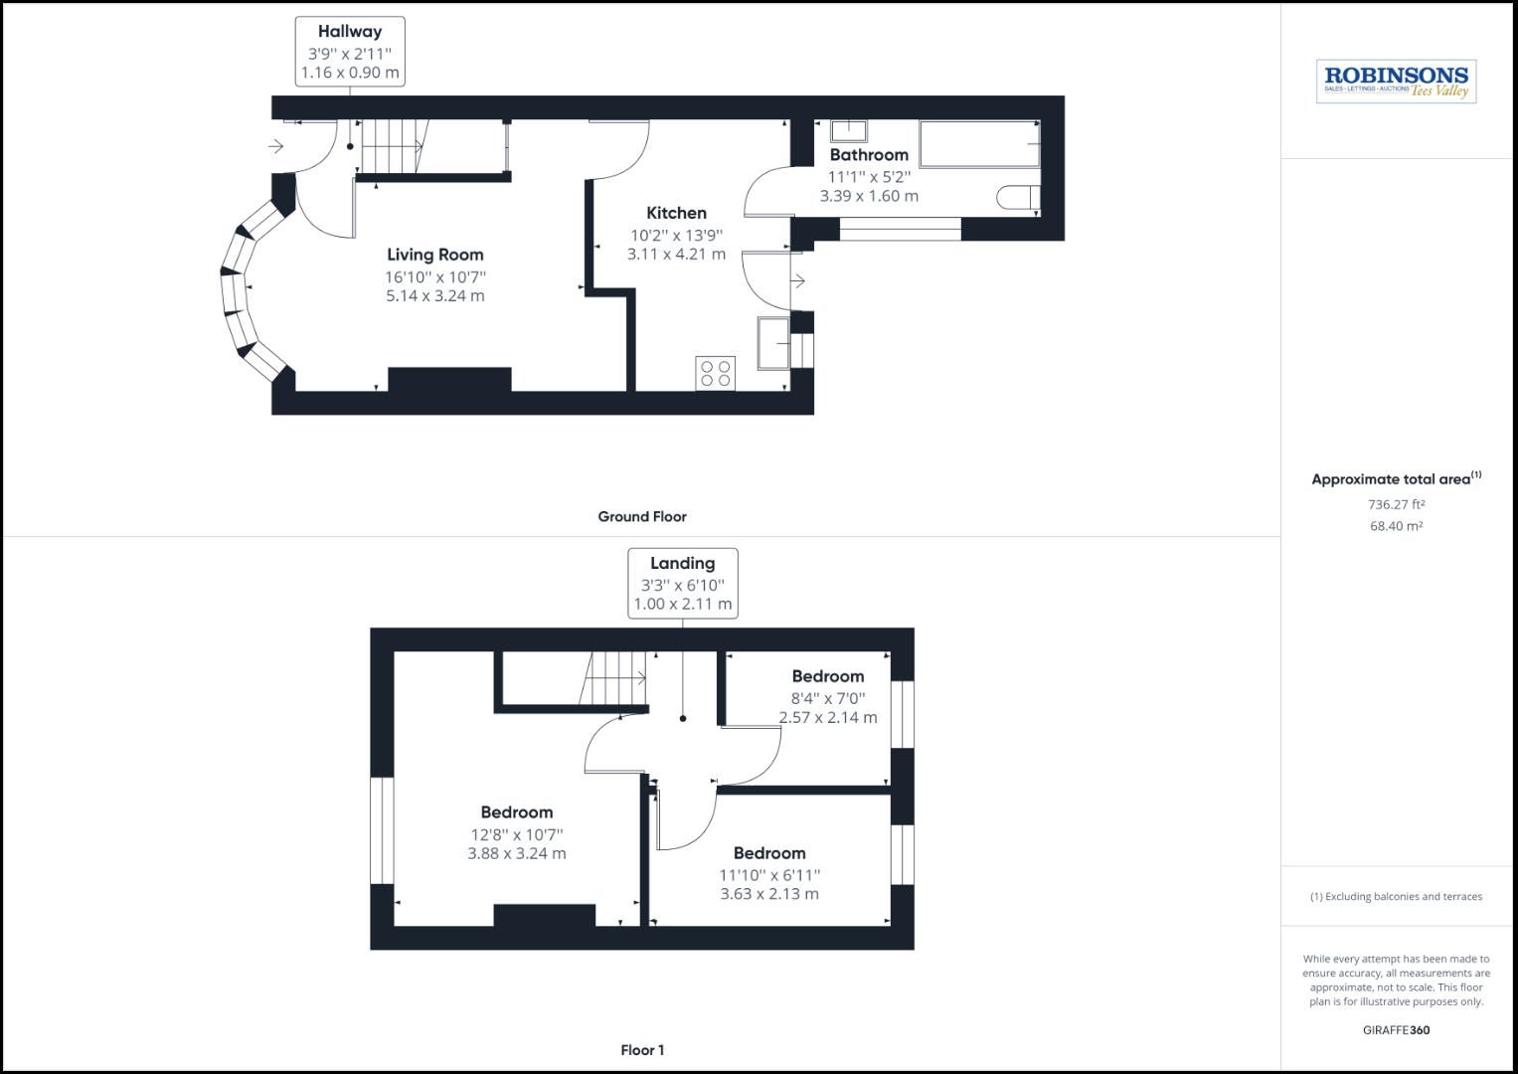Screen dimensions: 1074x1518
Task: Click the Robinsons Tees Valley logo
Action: pos(1396,82)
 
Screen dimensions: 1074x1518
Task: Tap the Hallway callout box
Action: pos(350,52)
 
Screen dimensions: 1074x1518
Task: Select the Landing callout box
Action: pos(683,583)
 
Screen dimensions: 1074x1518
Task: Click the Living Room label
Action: pos(435,255)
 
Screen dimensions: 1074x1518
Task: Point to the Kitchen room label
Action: pos(676,213)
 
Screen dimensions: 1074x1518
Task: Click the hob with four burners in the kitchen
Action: pos(716,373)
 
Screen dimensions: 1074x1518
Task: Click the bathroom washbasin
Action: pos(849,130)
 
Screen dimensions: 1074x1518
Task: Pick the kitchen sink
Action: pos(773,342)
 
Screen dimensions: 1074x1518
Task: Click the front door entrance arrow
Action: pos(276,146)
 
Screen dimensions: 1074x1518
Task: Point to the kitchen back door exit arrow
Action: pos(797,281)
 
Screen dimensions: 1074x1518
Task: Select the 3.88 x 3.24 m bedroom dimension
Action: pos(517,853)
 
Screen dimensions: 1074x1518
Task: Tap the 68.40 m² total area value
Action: pos(1396,526)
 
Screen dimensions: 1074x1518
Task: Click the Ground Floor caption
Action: pos(642,516)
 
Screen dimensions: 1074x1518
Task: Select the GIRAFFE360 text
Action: pos(1396,1030)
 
